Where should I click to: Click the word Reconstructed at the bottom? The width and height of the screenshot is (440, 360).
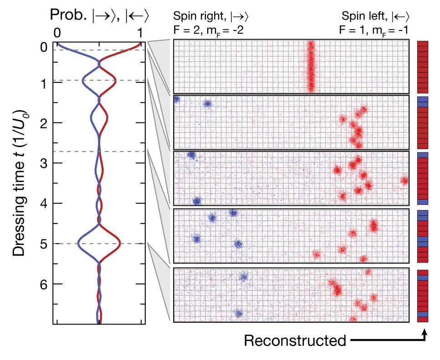tap(295, 340)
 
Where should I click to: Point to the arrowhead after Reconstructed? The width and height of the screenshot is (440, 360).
tap(425, 333)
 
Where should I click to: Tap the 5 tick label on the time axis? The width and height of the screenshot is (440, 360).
tap(43, 243)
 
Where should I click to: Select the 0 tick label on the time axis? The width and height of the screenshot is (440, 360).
tap(43, 47)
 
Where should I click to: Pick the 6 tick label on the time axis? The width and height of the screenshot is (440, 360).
tap(43, 284)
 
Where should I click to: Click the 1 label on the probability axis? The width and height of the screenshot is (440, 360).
tap(140, 33)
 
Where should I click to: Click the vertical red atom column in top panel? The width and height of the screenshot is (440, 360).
tap(311, 66)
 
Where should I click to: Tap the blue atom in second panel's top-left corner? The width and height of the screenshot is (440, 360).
tap(176, 99)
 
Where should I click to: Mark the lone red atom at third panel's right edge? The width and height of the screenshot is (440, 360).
tap(404, 181)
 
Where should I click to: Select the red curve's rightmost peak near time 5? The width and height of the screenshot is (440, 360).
tap(120, 242)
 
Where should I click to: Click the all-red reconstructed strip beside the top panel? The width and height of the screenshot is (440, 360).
tap(423, 66)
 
